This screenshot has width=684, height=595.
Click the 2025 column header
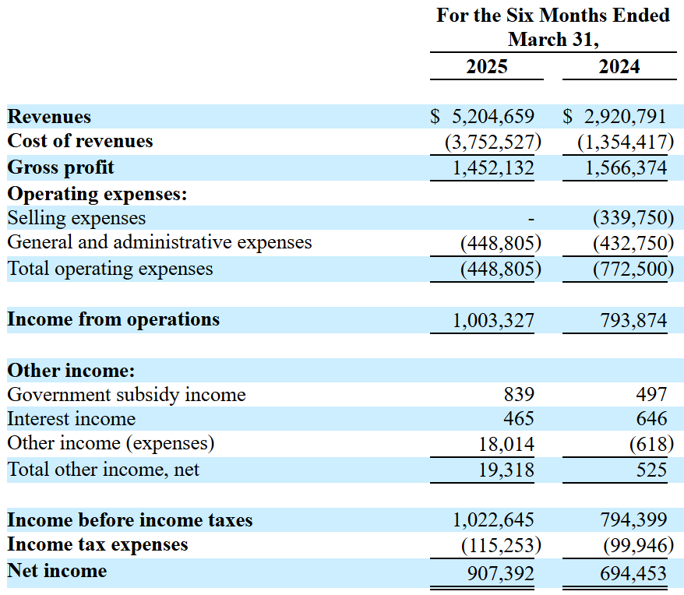[486, 66]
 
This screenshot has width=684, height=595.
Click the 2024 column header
[619, 66]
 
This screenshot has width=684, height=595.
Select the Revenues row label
[49, 117]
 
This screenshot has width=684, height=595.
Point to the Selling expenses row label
[76, 218]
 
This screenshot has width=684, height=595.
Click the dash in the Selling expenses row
[531, 219]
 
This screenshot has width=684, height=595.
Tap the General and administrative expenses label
[160, 242]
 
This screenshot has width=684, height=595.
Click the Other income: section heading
[71, 371]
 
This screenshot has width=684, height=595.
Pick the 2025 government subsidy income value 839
[519, 396]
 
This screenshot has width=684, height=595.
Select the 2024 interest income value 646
[651, 419]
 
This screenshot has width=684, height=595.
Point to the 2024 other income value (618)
[648, 444]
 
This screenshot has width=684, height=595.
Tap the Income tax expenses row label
[97, 544]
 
